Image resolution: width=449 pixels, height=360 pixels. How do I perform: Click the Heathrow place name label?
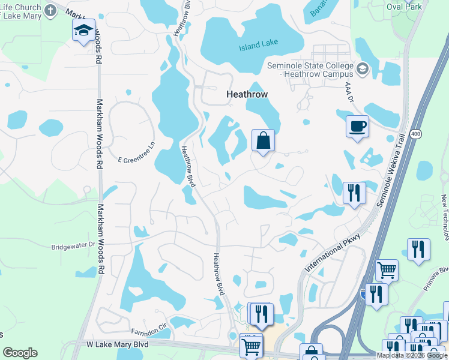tap(247, 94)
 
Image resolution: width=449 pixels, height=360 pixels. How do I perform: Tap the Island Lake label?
tap(258, 47)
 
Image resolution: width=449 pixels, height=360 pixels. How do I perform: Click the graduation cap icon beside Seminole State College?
tap(362, 69)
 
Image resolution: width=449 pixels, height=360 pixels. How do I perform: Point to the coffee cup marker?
tap(357, 127)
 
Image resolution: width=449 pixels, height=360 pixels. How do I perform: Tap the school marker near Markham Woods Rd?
tap(83, 31)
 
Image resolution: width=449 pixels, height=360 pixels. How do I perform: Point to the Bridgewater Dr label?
tap(73, 245)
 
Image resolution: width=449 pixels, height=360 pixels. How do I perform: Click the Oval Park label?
tap(404, 7)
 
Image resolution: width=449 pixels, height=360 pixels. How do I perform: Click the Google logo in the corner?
tap(20, 353)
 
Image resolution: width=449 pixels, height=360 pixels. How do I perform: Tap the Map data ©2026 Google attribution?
tap(412, 355)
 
